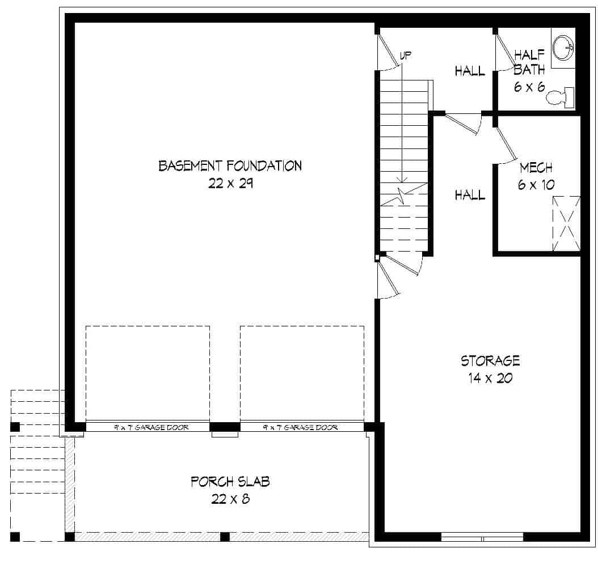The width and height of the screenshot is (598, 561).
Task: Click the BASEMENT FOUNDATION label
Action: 230,166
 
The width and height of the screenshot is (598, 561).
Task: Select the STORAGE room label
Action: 490,360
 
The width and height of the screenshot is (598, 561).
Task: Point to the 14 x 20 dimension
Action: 490,378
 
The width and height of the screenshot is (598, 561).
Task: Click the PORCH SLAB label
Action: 230,482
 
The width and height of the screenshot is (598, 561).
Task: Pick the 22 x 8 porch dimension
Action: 230,499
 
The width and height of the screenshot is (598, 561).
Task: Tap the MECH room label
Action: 536,168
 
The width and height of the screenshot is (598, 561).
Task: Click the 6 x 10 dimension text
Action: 536,185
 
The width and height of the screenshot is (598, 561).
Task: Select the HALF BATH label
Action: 529,62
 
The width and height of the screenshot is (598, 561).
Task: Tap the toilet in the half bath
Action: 561,97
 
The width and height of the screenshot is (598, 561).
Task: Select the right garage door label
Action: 301,427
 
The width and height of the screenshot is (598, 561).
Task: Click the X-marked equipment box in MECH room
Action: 566,223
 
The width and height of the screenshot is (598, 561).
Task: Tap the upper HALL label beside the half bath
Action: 470,71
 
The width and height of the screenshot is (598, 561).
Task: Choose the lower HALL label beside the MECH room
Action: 470,195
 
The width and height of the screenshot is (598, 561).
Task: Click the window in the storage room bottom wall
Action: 482,537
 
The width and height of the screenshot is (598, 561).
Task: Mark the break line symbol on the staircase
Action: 403,195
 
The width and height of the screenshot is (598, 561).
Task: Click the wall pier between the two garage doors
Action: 225,427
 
